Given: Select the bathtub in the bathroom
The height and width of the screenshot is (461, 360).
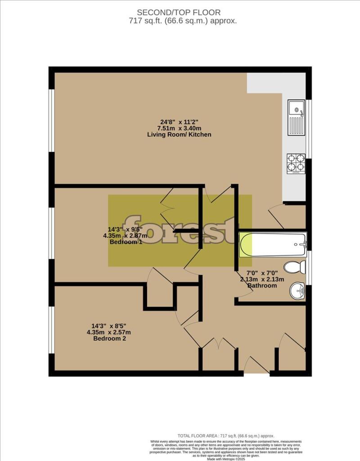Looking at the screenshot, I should pyautogui.click(x=273, y=245).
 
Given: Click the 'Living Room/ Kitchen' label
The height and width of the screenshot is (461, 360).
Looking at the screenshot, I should pyautogui.click(x=180, y=135).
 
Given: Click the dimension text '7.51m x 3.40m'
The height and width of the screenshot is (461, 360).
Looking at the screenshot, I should pyautogui.click(x=180, y=128).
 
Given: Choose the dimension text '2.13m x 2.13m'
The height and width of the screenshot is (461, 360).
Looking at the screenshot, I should pyautogui.click(x=262, y=279).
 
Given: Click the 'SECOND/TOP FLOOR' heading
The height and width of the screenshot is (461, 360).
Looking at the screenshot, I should pyautogui.click(x=180, y=12).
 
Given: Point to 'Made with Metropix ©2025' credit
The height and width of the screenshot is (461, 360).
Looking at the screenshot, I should pyautogui.click(x=226, y=458).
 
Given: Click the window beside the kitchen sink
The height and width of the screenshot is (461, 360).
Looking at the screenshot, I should pyautogui.click(x=308, y=128).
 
